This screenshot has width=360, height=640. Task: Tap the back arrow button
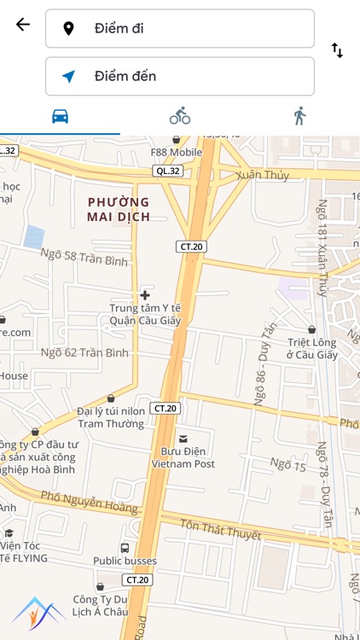point(23,25)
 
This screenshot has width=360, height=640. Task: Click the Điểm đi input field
point(180,28)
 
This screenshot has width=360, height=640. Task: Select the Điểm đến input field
point(180,76)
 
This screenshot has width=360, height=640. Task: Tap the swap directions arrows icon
point(337,50)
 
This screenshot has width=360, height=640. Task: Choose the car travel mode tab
point(60,117)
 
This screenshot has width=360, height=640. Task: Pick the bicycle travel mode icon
point(180,116)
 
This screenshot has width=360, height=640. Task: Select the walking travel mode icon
point(299,116)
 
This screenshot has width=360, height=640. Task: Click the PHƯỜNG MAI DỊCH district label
point(119,209)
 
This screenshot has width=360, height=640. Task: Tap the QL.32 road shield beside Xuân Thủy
point(167,171)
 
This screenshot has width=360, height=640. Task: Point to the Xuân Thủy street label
point(264,175)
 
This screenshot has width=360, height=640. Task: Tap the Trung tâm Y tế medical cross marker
point(145,295)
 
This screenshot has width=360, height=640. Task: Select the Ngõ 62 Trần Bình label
point(84,352)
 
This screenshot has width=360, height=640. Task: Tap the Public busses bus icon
point(125,548)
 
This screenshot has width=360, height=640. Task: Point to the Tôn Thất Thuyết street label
point(221,530)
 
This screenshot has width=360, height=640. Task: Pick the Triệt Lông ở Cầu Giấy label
point(311,348)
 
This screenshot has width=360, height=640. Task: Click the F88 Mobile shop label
point(177,152)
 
